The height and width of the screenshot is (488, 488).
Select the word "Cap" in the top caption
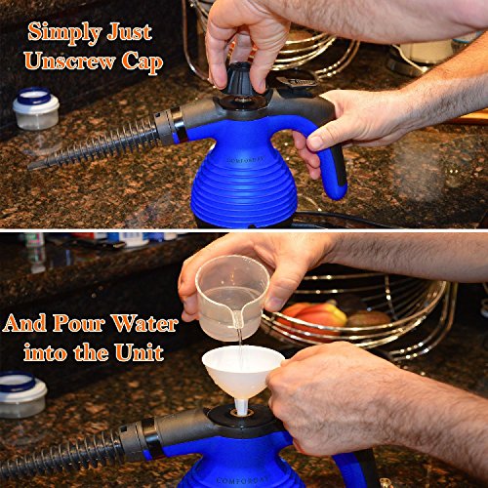pyautogui.click(x=142, y=62)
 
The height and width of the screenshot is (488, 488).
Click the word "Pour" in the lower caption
pyautogui.click(x=79, y=323)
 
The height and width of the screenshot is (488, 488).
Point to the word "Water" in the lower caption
pyautogui.click(x=144, y=323)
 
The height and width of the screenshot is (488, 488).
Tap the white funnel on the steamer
pyautogui.click(x=243, y=374)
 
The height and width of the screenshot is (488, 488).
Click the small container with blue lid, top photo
pyautogui.click(x=36, y=108)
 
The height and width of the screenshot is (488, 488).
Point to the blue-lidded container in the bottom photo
pyautogui.click(x=20, y=394)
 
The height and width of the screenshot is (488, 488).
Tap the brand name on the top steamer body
pyautogui.click(x=241, y=160)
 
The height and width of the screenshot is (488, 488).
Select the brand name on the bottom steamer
pyautogui.click(x=243, y=480)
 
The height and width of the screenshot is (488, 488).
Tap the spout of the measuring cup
pyautogui.click(x=237, y=316)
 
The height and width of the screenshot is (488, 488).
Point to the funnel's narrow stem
pyautogui.click(x=241, y=407)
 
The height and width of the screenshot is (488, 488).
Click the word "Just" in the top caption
pyautogui.click(x=130, y=33)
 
